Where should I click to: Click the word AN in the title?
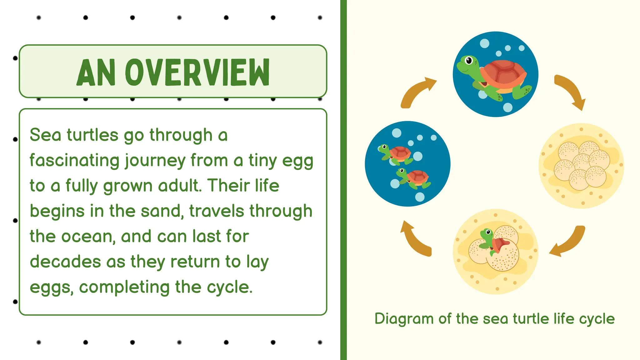[x=96, y=73]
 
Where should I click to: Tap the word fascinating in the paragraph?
[x=74, y=160]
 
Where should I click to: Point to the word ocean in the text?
[x=88, y=236]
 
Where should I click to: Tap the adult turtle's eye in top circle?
[x=469, y=61]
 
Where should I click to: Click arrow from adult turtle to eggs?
[x=571, y=91]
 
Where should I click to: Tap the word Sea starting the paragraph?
[x=45, y=135]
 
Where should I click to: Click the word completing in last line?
[x=124, y=287]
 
